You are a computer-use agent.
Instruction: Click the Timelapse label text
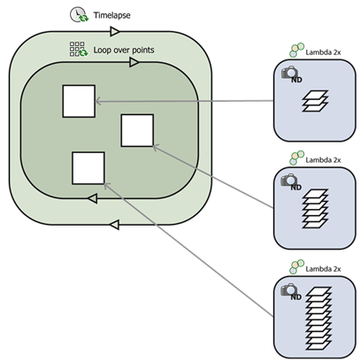click(111, 15)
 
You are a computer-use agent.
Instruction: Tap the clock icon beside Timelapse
click(79, 15)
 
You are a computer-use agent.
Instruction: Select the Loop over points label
click(124, 50)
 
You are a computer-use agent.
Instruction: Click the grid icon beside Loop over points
click(79, 49)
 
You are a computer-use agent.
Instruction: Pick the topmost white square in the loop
click(79, 101)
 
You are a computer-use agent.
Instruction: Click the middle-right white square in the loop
click(137, 130)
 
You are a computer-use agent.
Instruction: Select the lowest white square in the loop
click(88, 168)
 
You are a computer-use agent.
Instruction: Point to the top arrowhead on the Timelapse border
click(115, 31)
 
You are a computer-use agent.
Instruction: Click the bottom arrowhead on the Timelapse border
click(114, 225)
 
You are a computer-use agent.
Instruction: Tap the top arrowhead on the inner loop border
click(134, 62)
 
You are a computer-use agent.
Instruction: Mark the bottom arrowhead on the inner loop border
click(93, 198)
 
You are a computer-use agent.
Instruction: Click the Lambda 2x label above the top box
click(323, 52)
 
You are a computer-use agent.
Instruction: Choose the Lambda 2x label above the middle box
click(323, 160)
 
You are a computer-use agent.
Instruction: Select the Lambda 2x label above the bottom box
click(323, 269)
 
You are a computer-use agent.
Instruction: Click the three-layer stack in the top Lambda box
click(315, 101)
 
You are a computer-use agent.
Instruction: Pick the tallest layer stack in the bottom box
click(318, 319)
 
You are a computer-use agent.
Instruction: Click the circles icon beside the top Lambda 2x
click(296, 50)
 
